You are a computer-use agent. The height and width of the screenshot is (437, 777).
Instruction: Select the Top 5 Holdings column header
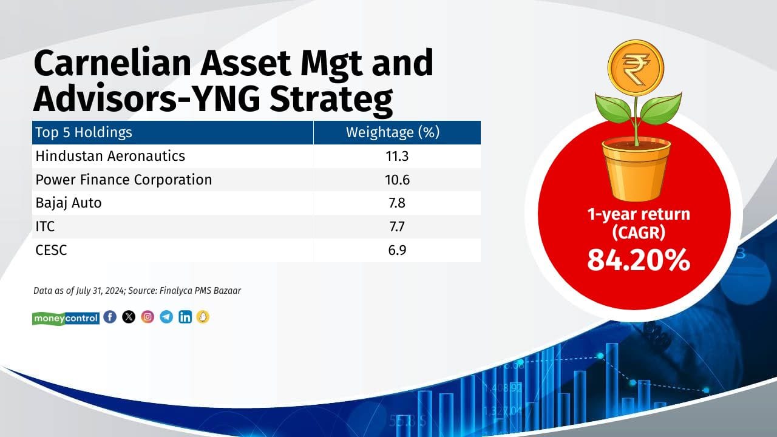pos(84,132)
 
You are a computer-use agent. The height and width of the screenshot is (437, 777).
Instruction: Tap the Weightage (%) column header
pos(392,132)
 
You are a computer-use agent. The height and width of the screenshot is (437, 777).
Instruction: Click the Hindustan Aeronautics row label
pos(110,156)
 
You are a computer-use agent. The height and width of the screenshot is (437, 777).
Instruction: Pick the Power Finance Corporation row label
pos(124,180)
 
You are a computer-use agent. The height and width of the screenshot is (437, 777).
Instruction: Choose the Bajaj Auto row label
pos(69,203)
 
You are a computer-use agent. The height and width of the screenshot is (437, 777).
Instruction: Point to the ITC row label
pos(46,226)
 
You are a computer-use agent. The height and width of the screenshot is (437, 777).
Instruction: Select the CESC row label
pos(51,250)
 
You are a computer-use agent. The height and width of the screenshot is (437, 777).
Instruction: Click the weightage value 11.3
pos(397,156)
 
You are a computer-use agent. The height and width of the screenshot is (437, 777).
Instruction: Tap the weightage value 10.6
pos(397,180)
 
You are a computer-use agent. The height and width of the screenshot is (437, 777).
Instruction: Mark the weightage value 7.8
pos(397,203)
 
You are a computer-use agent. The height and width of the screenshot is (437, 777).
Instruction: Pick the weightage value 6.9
pos(397,250)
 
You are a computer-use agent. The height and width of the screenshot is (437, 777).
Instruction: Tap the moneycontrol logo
pos(66,317)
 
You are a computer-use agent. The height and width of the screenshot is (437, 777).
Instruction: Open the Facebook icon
pos(110,317)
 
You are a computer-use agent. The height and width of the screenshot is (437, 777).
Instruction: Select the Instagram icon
pos(148,317)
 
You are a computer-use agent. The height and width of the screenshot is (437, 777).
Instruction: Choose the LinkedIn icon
pos(185,317)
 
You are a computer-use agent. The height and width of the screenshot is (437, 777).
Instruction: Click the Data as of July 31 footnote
pos(137,291)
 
